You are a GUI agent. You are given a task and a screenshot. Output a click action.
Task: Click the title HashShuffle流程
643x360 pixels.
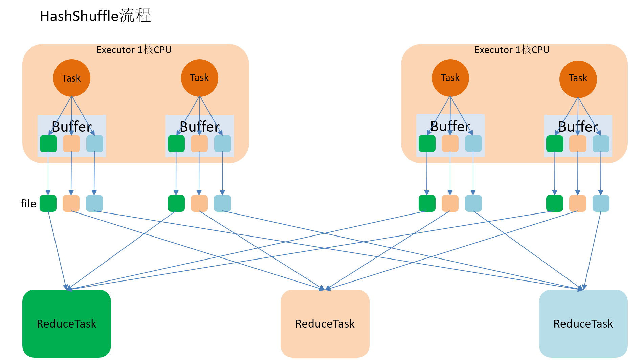(x=95, y=16)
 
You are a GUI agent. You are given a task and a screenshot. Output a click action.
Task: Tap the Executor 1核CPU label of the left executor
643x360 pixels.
(x=134, y=50)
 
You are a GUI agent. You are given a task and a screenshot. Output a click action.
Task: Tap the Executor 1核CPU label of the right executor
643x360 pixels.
(x=512, y=50)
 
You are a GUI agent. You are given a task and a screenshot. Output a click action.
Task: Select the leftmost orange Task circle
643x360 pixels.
(x=72, y=78)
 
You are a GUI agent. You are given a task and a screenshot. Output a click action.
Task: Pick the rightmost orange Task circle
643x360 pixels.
(x=578, y=79)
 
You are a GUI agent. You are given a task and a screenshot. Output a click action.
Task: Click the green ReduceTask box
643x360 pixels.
(x=67, y=323)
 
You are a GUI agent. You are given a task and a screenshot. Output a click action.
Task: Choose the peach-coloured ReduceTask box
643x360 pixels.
(x=325, y=323)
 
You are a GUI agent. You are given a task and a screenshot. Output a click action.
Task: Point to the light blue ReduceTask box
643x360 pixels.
(x=583, y=323)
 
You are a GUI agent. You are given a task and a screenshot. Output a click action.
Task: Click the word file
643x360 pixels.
(x=28, y=203)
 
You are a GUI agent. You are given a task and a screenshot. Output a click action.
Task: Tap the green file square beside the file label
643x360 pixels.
(x=48, y=203)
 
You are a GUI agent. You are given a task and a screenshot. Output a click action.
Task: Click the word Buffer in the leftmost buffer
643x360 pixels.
(x=72, y=127)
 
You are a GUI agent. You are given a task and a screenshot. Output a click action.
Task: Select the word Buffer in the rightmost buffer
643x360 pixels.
(x=578, y=127)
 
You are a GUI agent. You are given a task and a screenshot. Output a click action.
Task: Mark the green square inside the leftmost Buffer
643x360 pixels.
(x=48, y=144)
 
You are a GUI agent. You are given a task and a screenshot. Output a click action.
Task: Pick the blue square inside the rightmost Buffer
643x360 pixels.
(x=601, y=144)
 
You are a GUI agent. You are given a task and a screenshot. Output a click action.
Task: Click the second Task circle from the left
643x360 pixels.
(x=200, y=78)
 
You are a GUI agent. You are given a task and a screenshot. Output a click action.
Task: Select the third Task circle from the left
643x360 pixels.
(x=450, y=78)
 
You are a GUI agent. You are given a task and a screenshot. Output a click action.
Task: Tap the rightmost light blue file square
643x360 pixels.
(x=601, y=203)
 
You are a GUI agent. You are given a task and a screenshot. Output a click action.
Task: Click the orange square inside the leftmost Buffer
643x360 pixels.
(x=71, y=144)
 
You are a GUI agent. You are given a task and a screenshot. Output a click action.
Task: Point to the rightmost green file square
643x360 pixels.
(x=555, y=203)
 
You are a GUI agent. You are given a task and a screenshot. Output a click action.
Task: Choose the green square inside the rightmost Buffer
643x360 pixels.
(x=555, y=144)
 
